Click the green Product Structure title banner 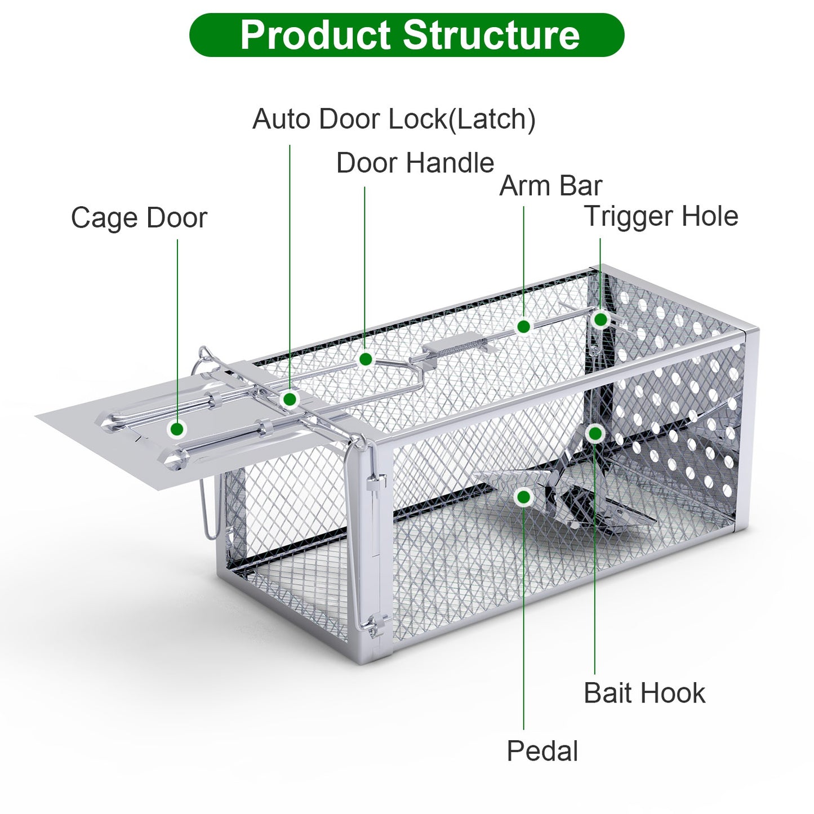(407, 35)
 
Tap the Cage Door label (139, 218)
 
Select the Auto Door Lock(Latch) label (394, 119)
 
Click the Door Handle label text (415, 163)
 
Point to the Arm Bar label (550, 186)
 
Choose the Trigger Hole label (661, 216)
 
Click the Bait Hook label (644, 693)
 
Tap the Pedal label (542, 751)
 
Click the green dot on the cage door (177, 429)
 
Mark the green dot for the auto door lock (290, 399)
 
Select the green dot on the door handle (366, 359)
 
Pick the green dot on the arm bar (523, 326)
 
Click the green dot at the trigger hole (601, 319)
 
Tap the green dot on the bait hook (595, 433)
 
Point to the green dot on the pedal (523, 497)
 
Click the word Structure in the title (491, 35)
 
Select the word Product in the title (315, 35)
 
